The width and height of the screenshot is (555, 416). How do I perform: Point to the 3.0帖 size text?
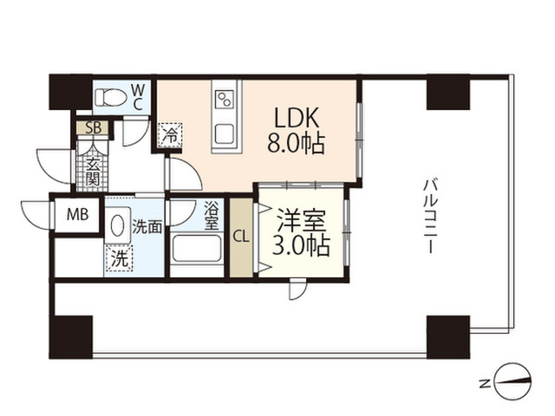[x=302, y=245]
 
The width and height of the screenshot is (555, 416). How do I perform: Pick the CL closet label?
[x=241, y=235]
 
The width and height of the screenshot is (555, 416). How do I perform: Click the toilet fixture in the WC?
[x=109, y=98]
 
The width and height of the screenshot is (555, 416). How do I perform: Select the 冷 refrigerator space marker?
[x=171, y=136]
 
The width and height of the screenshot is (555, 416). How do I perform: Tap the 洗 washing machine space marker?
[x=118, y=257]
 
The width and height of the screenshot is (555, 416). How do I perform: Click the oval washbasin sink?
[x=116, y=226]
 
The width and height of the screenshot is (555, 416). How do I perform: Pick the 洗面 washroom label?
[x=147, y=228]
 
